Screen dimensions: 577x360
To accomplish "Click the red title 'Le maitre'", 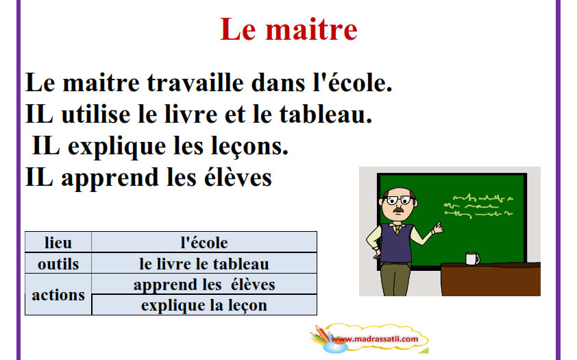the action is click(288, 29).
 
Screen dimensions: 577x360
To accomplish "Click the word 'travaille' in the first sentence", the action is click(195, 82).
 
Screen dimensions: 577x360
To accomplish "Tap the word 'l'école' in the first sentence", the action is click(352, 82).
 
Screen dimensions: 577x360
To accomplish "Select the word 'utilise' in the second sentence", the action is click(96, 114).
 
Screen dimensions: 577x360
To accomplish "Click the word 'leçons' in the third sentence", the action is click(249, 147).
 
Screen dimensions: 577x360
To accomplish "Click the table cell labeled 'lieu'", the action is click(58, 242).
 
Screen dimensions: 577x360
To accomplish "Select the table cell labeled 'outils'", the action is click(58, 263).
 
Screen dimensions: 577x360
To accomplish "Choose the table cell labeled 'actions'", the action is click(58, 294).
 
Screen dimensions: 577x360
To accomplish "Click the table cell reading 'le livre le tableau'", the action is click(204, 263).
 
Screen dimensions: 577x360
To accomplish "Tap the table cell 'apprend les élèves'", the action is click(204, 284).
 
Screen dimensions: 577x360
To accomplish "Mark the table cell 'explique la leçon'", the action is click(204, 304).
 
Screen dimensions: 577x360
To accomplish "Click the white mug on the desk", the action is click(472, 259).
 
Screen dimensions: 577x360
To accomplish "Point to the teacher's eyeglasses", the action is click(400, 200).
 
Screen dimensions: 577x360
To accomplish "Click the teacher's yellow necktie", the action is click(397, 230).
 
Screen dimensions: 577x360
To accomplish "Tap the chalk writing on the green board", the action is click(478, 206).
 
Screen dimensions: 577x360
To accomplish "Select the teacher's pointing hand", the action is click(437, 228).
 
